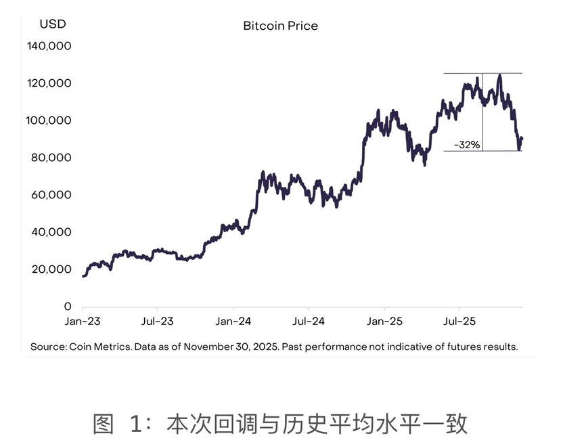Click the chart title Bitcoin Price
point(280,26)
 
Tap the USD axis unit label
point(53,24)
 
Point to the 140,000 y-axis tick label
point(49,46)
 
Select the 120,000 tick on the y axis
point(49,83)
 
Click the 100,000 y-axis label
point(49,121)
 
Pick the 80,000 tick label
point(51,158)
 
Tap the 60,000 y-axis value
point(51,195)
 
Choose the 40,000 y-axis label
point(51,232)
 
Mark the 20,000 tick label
point(51,269)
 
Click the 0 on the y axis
point(68,306)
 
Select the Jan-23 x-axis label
point(83,322)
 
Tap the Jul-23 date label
point(158,322)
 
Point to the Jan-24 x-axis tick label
point(233,322)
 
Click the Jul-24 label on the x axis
point(309,322)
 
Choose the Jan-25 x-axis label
point(384,322)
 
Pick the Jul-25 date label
point(459,322)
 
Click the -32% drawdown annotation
point(467,145)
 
